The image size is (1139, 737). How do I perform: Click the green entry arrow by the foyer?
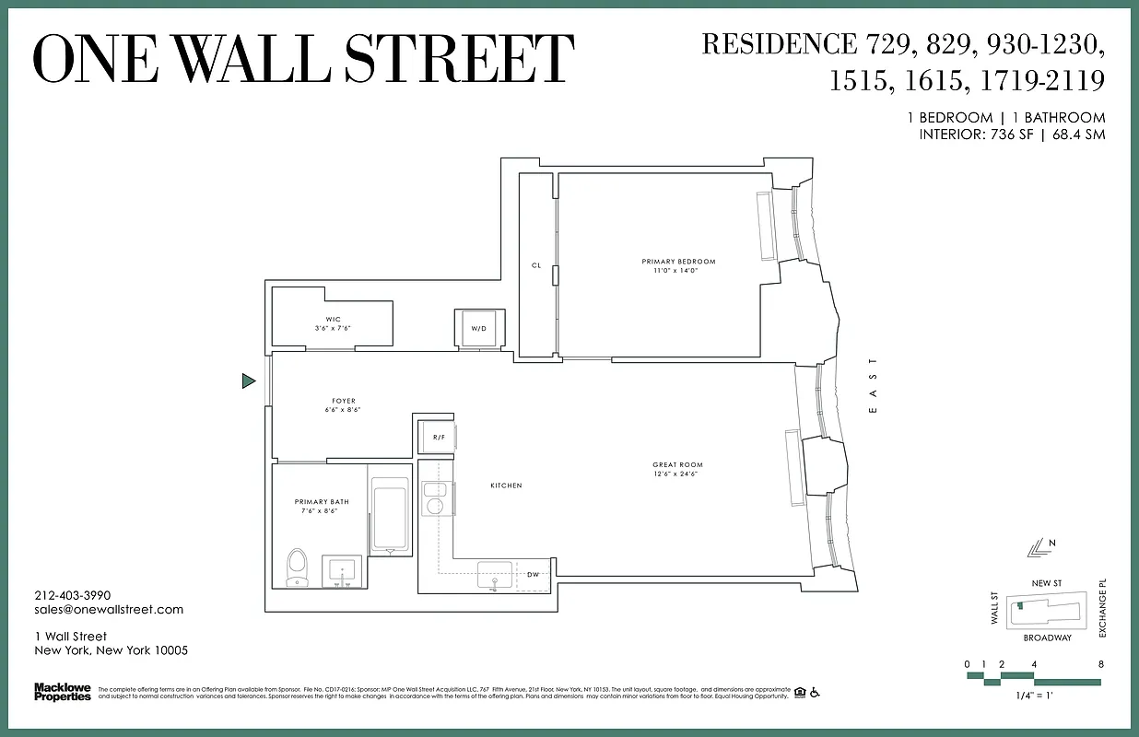248,380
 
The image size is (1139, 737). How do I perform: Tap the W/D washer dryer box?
478,328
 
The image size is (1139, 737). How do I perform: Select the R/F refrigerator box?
439,437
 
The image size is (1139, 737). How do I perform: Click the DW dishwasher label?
533,574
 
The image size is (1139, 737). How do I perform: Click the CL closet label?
535,265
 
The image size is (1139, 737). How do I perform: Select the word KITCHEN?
506,485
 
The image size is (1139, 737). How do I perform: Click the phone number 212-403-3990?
72,595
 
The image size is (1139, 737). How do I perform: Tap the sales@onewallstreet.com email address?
109,609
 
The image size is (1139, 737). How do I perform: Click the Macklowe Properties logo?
62,692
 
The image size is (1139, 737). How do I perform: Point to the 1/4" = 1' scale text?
1033,696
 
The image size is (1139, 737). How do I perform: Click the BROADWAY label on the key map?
1047,638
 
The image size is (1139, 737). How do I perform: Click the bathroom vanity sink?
343,571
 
